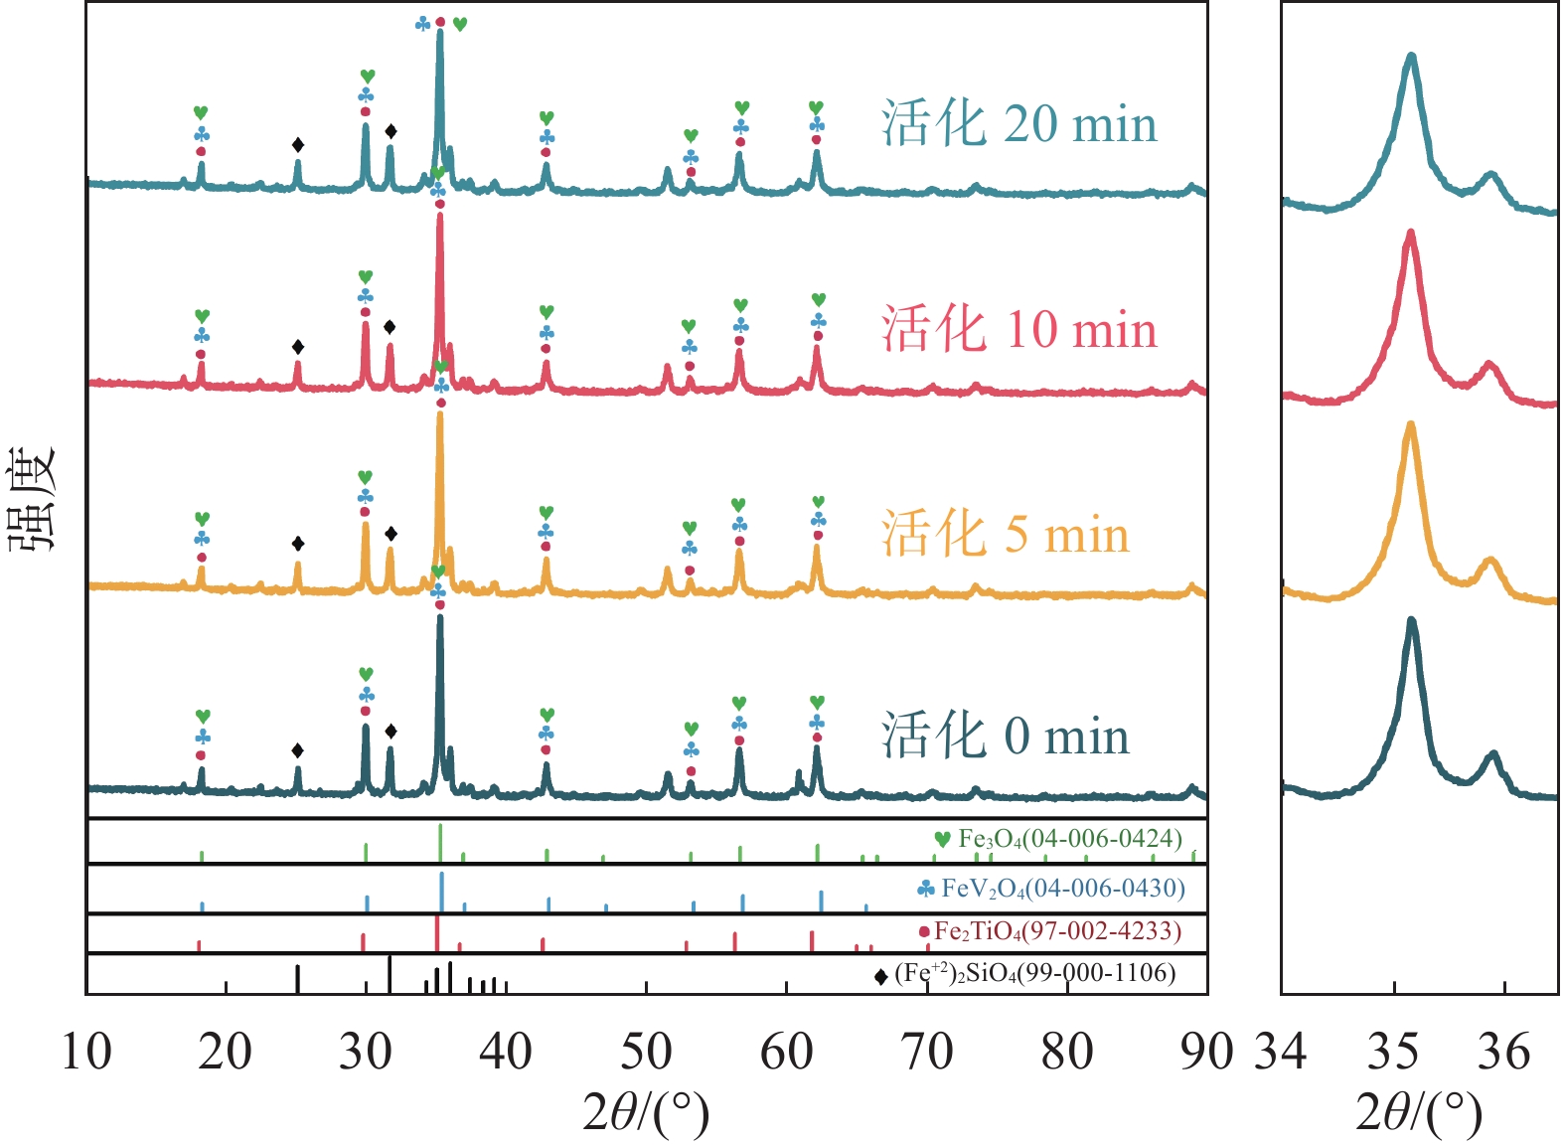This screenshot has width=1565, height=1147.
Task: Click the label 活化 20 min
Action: click(x=1018, y=125)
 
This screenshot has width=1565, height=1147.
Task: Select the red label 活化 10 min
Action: click(x=1018, y=329)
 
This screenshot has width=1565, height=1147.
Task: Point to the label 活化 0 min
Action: click(x=1005, y=737)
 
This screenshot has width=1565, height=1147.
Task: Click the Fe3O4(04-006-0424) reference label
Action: click(x=1069, y=839)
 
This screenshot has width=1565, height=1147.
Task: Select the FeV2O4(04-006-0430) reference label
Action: click(x=1062, y=888)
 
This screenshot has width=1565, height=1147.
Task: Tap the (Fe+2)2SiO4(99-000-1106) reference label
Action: click(x=1034, y=973)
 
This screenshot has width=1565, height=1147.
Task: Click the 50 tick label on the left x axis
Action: click(x=646, y=1053)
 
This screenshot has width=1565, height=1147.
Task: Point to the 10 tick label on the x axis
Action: click(x=86, y=1053)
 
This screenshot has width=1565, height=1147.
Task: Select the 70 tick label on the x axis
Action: click(x=927, y=1053)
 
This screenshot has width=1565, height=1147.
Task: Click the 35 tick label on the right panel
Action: click(x=1393, y=1053)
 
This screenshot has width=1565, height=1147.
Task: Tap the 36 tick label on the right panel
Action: click(x=1504, y=1053)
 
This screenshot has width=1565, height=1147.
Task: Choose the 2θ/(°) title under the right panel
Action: click(x=1418, y=1114)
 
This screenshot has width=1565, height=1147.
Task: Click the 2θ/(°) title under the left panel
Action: click(x=646, y=1114)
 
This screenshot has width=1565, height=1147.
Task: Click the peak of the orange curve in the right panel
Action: click(x=1409, y=425)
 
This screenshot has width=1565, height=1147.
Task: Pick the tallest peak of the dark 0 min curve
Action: click(x=439, y=618)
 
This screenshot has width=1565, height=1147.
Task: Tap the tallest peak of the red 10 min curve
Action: click(x=439, y=216)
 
